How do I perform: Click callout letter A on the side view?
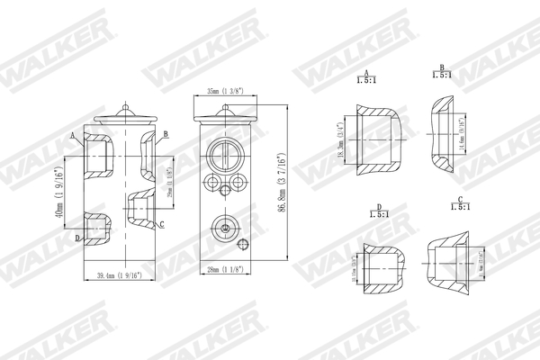pyautogui.click(x=72, y=134)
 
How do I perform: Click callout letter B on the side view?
pyautogui.click(x=166, y=134)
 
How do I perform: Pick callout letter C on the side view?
pyautogui.click(x=161, y=223)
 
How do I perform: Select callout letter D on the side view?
pyautogui.click(x=77, y=237)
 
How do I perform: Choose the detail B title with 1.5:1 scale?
pyautogui.click(x=443, y=71)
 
